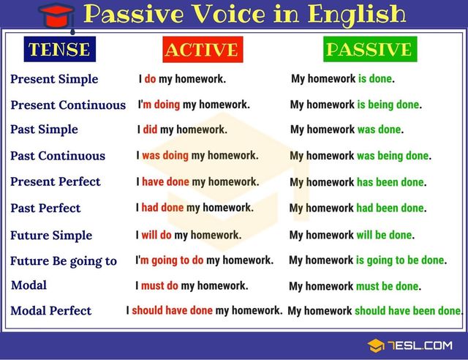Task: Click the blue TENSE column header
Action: coord(58,50)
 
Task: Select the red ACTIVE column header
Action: coord(201,50)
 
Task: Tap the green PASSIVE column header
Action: coord(369,49)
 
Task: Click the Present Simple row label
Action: coord(54,79)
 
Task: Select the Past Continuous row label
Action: coord(58,156)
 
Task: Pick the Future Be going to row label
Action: coord(64,261)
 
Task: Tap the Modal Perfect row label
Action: coord(51,311)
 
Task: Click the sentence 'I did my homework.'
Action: coord(182,130)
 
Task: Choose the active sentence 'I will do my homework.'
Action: coord(188,235)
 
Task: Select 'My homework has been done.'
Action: coord(358,182)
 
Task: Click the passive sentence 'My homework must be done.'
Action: coord(355,286)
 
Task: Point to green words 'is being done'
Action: coord(388,105)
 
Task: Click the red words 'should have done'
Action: coord(172,310)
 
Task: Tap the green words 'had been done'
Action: coord(390,209)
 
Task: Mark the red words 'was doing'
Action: coord(165,155)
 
